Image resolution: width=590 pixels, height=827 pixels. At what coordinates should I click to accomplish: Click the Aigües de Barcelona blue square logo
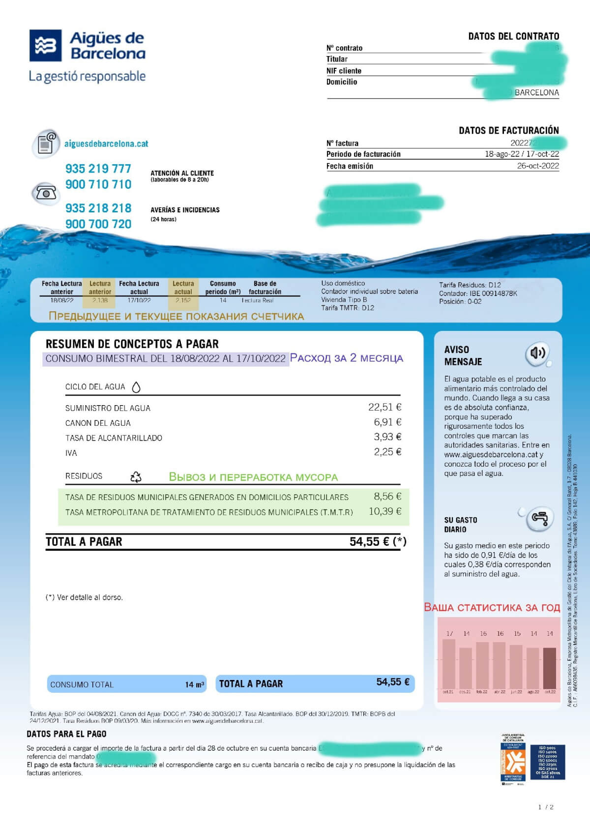(x=46, y=45)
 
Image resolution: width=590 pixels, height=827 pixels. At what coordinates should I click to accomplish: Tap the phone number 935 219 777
(x=98, y=169)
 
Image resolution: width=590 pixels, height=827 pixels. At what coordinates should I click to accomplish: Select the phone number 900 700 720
(x=98, y=224)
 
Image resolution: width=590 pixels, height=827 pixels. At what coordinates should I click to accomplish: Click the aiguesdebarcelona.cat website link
(x=106, y=144)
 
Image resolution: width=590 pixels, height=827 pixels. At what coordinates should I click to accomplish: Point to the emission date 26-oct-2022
(x=537, y=166)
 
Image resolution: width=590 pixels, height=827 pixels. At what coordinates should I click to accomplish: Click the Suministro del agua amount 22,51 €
(x=384, y=407)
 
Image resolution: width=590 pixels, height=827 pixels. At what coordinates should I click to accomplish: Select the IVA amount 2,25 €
(x=387, y=452)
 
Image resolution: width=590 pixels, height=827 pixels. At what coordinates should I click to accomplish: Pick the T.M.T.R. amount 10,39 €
(x=385, y=511)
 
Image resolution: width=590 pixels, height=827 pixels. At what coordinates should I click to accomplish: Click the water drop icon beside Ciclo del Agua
(x=137, y=387)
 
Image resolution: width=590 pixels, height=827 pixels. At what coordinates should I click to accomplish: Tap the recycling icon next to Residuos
(x=136, y=476)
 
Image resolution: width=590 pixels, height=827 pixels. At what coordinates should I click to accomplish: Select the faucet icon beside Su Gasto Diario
(x=539, y=519)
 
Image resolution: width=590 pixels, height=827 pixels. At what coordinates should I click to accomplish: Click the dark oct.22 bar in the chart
(x=550, y=668)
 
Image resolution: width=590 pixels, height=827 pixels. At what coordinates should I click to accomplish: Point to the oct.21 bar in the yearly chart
(x=449, y=664)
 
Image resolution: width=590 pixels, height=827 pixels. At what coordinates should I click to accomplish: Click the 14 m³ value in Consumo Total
(x=194, y=684)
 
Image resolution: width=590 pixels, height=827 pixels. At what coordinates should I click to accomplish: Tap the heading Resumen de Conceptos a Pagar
(x=132, y=344)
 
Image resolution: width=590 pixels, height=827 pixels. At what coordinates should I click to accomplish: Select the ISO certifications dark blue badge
(x=547, y=762)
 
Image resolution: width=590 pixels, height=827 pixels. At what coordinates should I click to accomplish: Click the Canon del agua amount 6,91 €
(x=387, y=422)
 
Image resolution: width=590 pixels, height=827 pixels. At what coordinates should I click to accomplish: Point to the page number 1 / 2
(x=546, y=807)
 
